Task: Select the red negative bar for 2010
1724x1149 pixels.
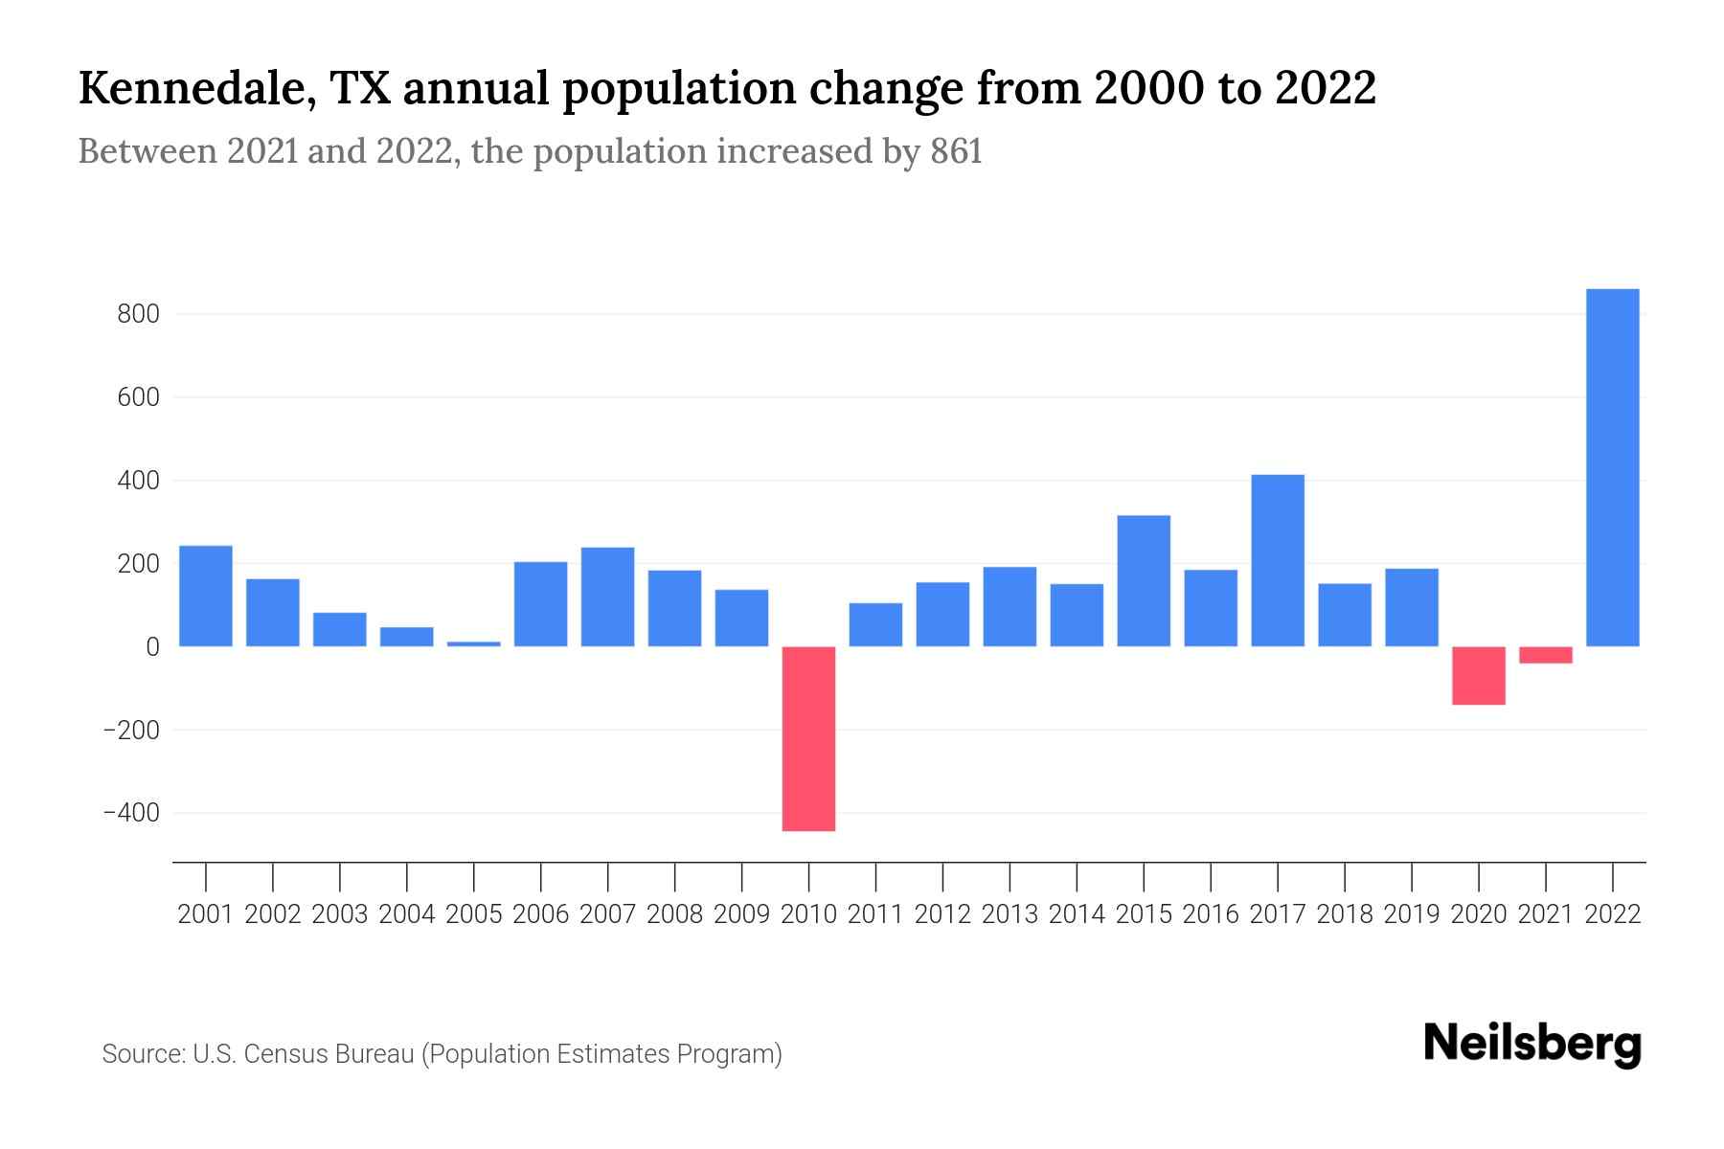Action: (x=808, y=738)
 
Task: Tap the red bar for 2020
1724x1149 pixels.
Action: (x=1479, y=675)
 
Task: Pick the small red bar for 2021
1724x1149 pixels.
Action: (x=1546, y=655)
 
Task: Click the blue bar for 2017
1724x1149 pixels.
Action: (x=1278, y=560)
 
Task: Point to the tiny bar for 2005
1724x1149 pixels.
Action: (x=474, y=643)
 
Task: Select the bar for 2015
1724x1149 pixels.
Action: (x=1144, y=580)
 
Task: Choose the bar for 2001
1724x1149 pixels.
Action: (x=206, y=596)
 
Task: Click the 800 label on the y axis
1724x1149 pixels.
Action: (x=138, y=314)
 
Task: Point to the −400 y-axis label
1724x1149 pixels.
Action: (x=131, y=813)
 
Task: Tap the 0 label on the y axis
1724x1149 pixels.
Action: (x=152, y=647)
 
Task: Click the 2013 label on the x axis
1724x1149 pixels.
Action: (x=1009, y=914)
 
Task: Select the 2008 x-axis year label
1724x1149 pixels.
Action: (x=674, y=914)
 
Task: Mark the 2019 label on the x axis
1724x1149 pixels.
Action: (x=1412, y=914)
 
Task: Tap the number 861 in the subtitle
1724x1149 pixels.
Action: (x=956, y=152)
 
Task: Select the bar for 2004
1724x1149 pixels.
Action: (x=407, y=637)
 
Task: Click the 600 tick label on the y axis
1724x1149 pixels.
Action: (x=138, y=397)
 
